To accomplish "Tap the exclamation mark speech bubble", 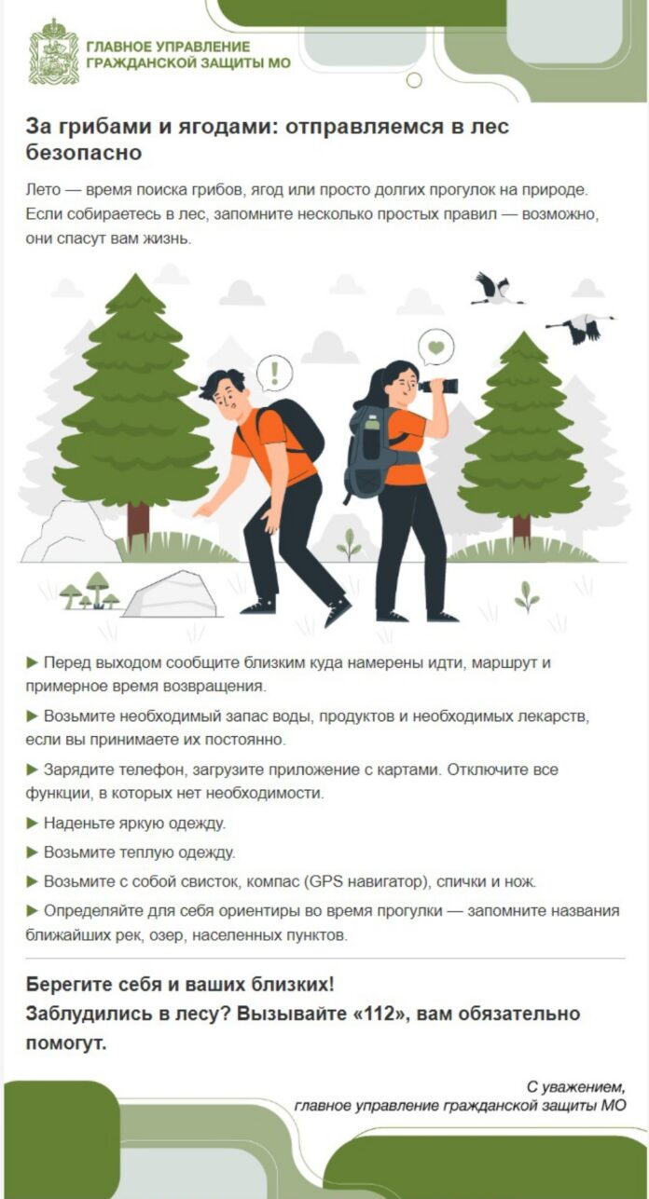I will click(x=274, y=373).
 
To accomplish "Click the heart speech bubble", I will click(x=435, y=347).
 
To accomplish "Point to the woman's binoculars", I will click(x=438, y=386).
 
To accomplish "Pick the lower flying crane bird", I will click(x=578, y=328).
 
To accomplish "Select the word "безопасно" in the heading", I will click(x=84, y=152).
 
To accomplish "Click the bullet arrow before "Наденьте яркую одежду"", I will click(x=33, y=824).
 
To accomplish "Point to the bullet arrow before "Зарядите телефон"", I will click(x=33, y=770).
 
